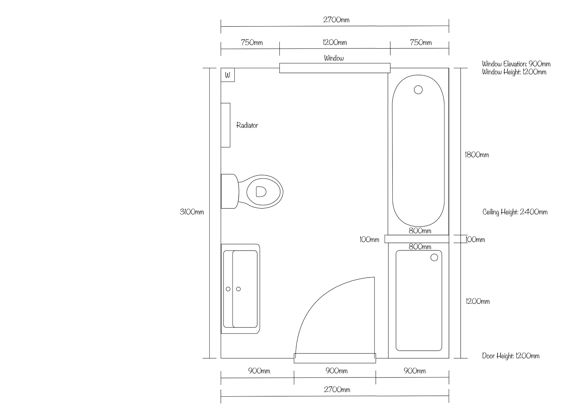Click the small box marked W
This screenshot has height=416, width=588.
[228, 75]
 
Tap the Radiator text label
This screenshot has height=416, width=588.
[247, 125]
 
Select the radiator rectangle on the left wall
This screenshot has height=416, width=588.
[225, 125]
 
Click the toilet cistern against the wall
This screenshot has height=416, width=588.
[229, 191]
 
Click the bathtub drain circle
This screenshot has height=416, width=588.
[418, 90]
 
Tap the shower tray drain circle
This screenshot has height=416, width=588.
[434, 257]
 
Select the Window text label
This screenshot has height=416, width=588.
[334, 58]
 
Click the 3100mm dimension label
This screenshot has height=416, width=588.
[192, 212]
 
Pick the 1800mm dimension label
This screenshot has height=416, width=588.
[477, 155]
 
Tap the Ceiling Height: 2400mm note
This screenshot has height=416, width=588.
[515, 212]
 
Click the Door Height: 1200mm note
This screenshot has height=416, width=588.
[511, 356]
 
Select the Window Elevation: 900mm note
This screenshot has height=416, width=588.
[516, 64]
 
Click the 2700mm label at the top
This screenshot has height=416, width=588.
[336, 20]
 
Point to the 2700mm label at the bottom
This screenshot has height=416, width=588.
[337, 390]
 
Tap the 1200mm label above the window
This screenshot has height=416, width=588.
[335, 42]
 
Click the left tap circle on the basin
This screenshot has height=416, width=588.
[228, 289]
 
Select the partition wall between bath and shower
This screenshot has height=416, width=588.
[417, 239]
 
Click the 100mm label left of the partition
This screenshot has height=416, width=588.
[369, 239]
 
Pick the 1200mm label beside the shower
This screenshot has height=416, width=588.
[477, 301]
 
